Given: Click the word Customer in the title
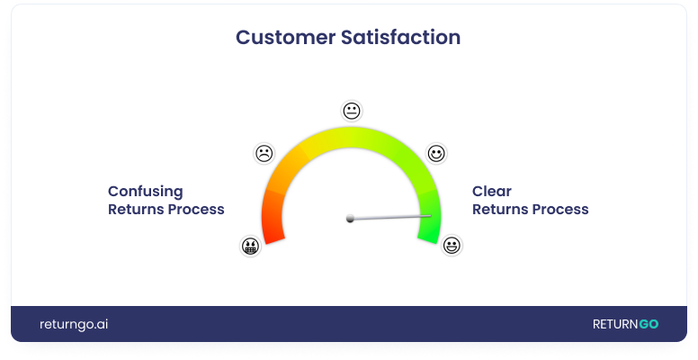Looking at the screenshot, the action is coord(285,37).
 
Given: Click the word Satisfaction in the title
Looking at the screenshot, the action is coord(400,37).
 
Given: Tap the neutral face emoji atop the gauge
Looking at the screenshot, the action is coord(352,111).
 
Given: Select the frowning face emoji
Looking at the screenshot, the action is coord(264,153).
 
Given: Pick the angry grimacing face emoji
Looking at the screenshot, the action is coord(250,246).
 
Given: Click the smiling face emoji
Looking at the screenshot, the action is coord(436,153).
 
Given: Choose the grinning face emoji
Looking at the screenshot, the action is coord(452,246).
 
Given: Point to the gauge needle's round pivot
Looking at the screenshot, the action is coord(350,219).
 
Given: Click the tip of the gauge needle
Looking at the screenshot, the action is coord(431,216).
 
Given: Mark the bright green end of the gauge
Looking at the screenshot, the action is coord(429,219).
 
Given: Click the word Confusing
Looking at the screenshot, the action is coord(146,192).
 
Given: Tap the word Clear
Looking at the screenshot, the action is coord(492,191).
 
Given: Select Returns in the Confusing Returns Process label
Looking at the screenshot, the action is coord(134,210).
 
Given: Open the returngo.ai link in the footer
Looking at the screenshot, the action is coord(74,324).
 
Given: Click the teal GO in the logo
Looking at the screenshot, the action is coord(649,324).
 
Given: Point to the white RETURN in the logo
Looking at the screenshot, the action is coord(615,324).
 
